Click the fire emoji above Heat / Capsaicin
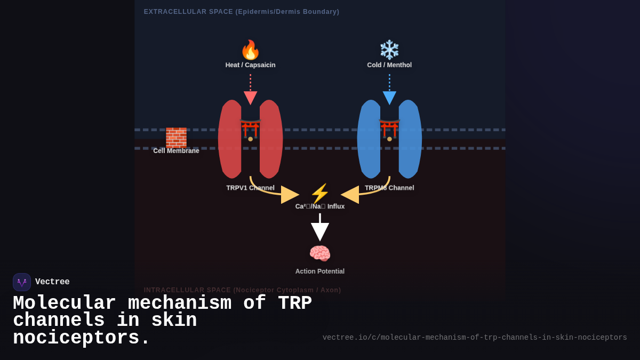click(x=250, y=50)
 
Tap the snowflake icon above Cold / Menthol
click(x=389, y=50)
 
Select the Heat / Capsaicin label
click(x=250, y=65)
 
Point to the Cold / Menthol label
click(x=389, y=65)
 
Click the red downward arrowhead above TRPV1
click(x=250, y=98)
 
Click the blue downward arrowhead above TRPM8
click(x=389, y=98)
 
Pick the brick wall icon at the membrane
click(x=176, y=138)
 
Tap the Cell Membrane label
click(x=176, y=151)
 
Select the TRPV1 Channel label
click(x=250, y=188)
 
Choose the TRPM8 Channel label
click(x=389, y=188)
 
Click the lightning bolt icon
click(x=320, y=194)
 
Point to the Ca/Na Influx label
click(x=320, y=206)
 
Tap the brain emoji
click(x=320, y=253)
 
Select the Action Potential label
click(x=320, y=271)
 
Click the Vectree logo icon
click(x=22, y=282)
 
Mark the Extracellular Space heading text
click(x=241, y=12)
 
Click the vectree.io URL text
click(x=475, y=338)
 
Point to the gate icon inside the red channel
click(x=250, y=130)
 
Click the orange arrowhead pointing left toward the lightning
click(x=350, y=195)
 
